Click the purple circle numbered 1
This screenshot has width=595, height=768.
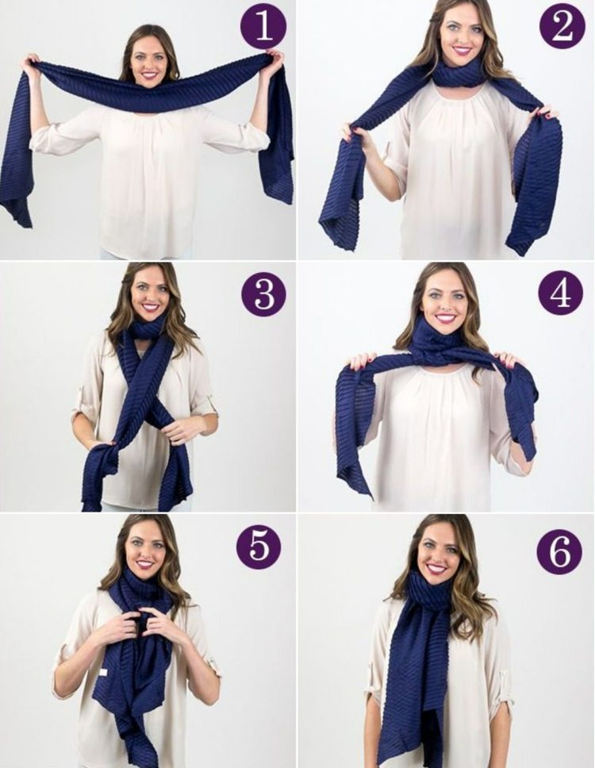pos(263,26)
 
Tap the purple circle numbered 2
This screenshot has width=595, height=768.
pos(562,25)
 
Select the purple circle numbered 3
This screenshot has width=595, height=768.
pos(264,294)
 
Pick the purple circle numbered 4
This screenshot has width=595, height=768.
pos(561,293)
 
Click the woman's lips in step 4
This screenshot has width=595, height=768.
pos(445,318)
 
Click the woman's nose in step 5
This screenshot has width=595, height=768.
pos(145,552)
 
